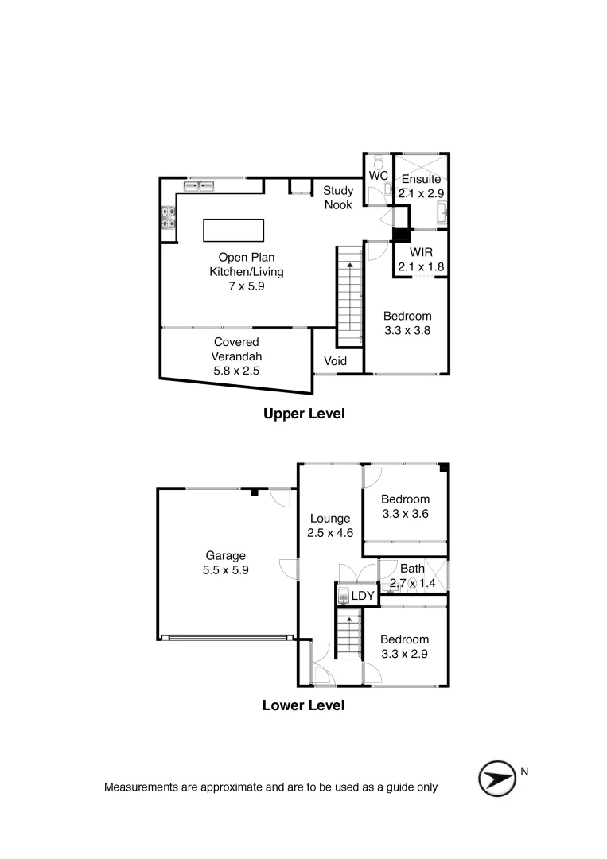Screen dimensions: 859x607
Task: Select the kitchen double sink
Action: click(x=200, y=186)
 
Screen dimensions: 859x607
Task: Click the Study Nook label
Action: click(x=337, y=198)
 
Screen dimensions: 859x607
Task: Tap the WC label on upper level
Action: click(x=379, y=175)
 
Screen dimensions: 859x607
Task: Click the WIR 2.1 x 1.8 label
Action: click(x=421, y=259)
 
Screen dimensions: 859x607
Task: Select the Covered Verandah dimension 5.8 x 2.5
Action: click(x=236, y=370)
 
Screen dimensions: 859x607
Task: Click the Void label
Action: click(x=335, y=361)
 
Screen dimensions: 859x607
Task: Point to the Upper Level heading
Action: click(x=303, y=414)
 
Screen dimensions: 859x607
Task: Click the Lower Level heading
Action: click(x=303, y=705)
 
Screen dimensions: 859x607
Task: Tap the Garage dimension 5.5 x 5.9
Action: click(x=226, y=569)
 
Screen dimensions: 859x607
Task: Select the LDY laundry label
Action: click(x=362, y=595)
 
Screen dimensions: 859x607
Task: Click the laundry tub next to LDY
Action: click(x=343, y=595)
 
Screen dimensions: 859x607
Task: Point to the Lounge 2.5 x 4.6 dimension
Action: click(x=329, y=533)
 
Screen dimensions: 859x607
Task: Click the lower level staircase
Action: click(x=347, y=633)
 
